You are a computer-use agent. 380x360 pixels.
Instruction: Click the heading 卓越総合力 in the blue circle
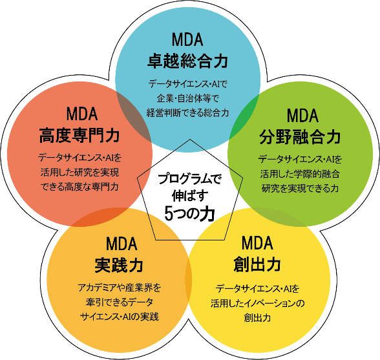(x=187, y=61)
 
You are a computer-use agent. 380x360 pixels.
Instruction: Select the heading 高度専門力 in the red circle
(x=79, y=135)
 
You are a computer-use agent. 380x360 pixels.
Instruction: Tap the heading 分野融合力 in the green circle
(x=300, y=137)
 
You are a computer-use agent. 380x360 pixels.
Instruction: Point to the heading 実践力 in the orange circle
(x=119, y=265)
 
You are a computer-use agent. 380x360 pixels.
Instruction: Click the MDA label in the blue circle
(x=187, y=39)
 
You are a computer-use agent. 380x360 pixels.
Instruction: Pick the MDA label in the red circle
(x=82, y=114)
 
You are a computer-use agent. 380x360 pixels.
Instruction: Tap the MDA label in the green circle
(x=302, y=116)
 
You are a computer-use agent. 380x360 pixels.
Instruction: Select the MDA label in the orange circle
(x=121, y=244)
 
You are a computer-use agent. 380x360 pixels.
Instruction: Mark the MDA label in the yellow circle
(x=257, y=243)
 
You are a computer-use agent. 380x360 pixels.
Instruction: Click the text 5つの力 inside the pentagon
(x=190, y=213)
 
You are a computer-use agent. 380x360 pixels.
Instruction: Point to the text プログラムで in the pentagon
(x=190, y=179)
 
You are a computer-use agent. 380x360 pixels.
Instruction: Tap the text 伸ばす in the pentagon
(x=190, y=196)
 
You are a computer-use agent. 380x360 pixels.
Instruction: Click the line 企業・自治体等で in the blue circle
(x=187, y=99)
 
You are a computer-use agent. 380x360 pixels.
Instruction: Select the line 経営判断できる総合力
(x=187, y=113)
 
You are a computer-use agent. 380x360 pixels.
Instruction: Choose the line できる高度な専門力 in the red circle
(x=79, y=187)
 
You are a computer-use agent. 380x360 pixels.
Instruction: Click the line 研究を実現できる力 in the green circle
(x=300, y=188)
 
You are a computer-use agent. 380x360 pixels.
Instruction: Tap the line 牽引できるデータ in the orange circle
(x=119, y=302)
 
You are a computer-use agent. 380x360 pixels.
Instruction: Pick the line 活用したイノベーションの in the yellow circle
(x=258, y=303)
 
